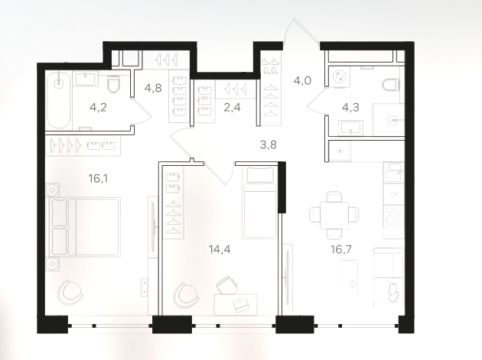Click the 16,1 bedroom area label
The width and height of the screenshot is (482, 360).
(x=98, y=178)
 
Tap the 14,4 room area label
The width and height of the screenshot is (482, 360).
(x=220, y=249)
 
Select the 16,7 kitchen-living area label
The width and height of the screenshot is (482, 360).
(x=341, y=249)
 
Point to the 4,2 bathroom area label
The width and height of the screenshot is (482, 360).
(x=98, y=108)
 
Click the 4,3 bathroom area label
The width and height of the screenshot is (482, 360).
(x=350, y=108)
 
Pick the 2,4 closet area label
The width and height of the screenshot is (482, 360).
(x=232, y=108)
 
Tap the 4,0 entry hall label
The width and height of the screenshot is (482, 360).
(x=302, y=81)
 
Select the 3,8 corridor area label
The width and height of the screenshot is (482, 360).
(x=268, y=144)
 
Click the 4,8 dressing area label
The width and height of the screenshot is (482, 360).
(x=153, y=88)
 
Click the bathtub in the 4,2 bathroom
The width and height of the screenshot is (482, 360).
(x=59, y=100)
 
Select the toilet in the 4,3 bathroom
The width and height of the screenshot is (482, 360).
(x=391, y=85)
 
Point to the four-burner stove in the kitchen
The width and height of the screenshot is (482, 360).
(x=393, y=216)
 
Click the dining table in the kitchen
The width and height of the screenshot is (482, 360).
(x=334, y=216)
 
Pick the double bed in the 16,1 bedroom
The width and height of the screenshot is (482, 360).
(x=84, y=227)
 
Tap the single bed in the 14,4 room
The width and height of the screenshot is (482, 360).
(x=259, y=202)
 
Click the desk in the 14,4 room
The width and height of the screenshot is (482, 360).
(x=236, y=305)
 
